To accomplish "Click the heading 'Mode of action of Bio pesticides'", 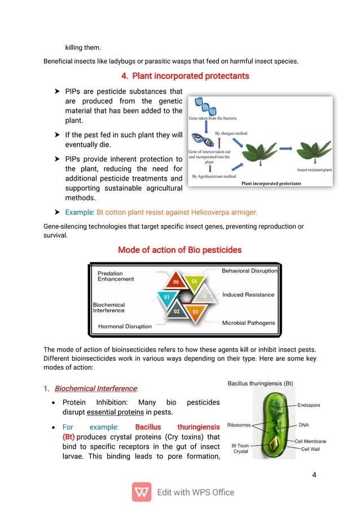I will (179, 249).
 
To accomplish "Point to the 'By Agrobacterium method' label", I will (214, 176).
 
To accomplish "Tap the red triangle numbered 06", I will (175, 280).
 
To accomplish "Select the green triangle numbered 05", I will (194, 281).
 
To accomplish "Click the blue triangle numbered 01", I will (166, 296).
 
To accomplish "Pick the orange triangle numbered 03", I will (195, 311).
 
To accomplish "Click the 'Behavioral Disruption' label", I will (249, 271).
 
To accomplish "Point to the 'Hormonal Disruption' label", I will (125, 326).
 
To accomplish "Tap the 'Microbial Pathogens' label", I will (248, 323).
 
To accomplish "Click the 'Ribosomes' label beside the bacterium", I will (240, 425).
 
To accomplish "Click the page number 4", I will (314, 474).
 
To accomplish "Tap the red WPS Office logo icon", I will (142, 492).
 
